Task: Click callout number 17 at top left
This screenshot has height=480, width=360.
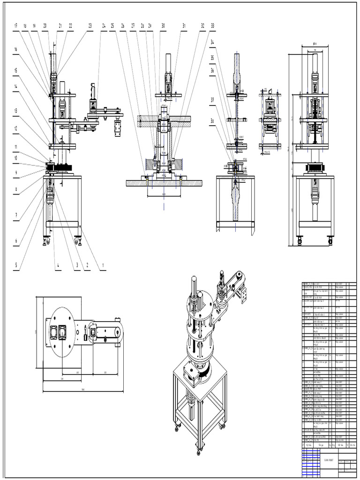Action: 15,25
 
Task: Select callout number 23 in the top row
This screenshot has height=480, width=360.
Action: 90,25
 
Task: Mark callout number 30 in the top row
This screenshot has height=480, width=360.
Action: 163,25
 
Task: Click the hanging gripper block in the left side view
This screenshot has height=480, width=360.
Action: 117,128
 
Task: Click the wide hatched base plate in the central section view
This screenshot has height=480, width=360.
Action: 164,183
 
